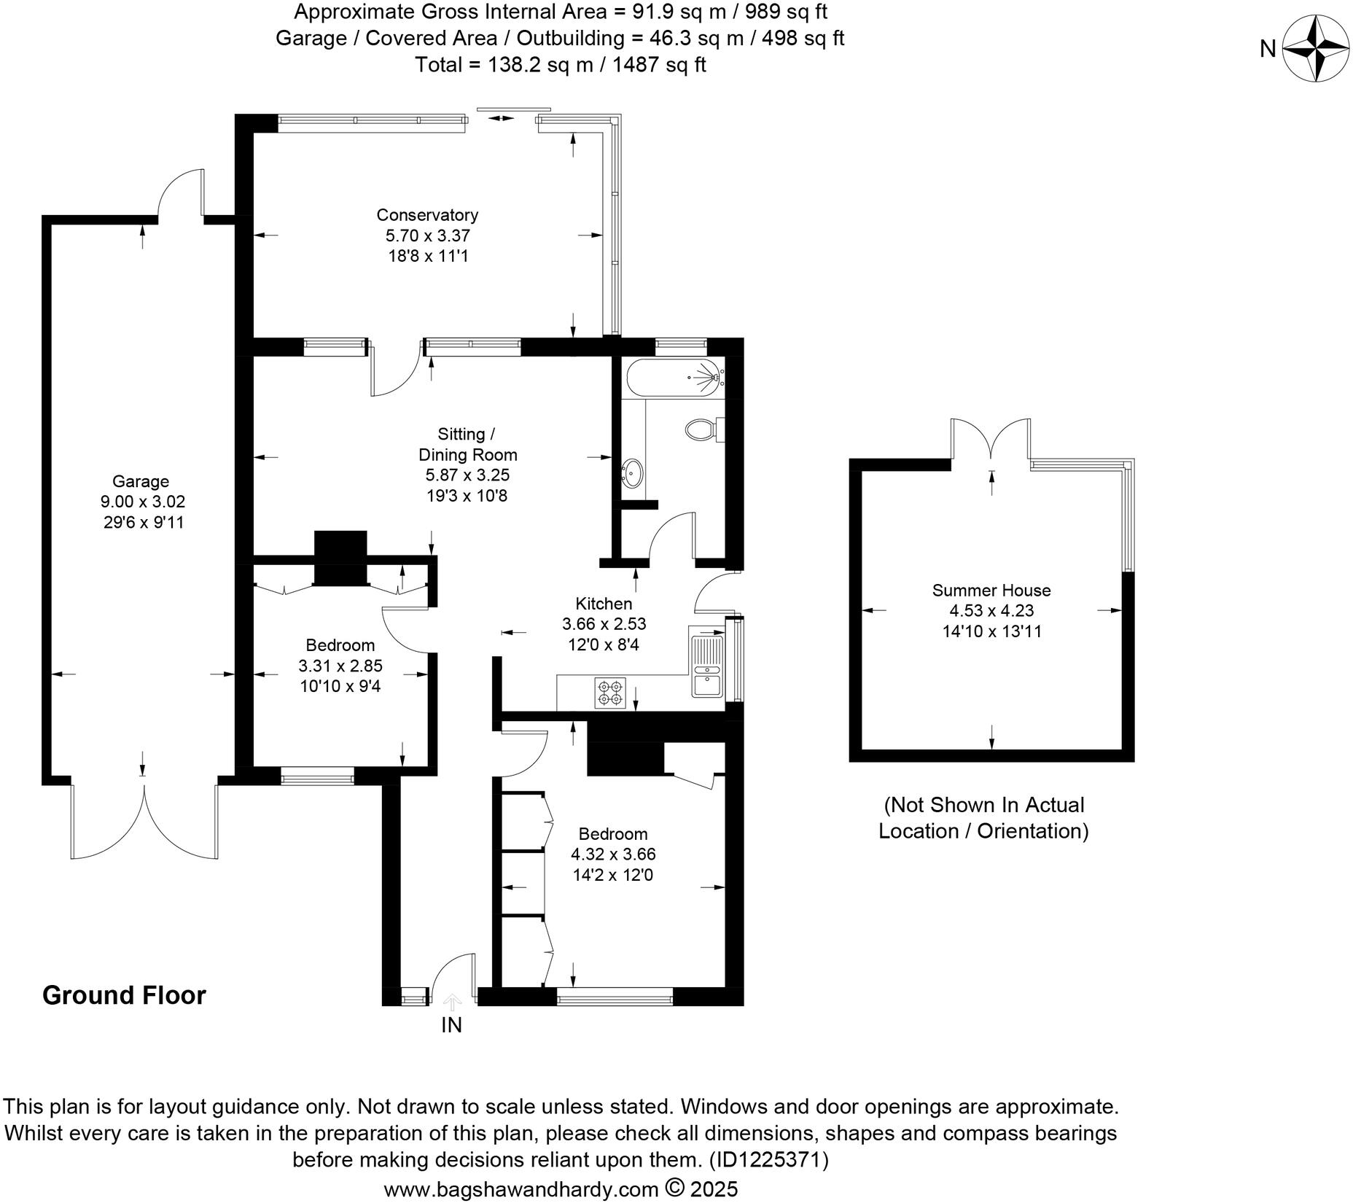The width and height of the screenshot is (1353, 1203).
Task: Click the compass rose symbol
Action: click(1316, 49)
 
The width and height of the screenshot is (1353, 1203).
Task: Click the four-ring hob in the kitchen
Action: click(609, 693)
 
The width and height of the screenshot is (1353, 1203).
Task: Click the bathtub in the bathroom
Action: click(673, 378)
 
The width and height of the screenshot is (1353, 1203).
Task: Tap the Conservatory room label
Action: click(427, 215)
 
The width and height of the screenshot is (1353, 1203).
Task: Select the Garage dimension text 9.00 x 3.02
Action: click(143, 502)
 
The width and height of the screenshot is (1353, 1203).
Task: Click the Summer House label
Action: click(991, 590)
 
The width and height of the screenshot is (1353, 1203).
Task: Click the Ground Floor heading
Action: click(124, 995)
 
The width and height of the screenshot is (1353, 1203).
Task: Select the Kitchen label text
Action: click(604, 604)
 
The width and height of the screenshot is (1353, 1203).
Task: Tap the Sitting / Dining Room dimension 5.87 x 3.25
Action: click(467, 475)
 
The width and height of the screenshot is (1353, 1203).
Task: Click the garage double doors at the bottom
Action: click(144, 820)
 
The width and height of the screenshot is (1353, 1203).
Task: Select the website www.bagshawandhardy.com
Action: click(521, 1190)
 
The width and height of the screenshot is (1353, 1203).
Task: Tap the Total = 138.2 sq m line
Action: click(560, 65)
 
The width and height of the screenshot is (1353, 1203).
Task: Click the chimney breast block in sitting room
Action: click(340, 558)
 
